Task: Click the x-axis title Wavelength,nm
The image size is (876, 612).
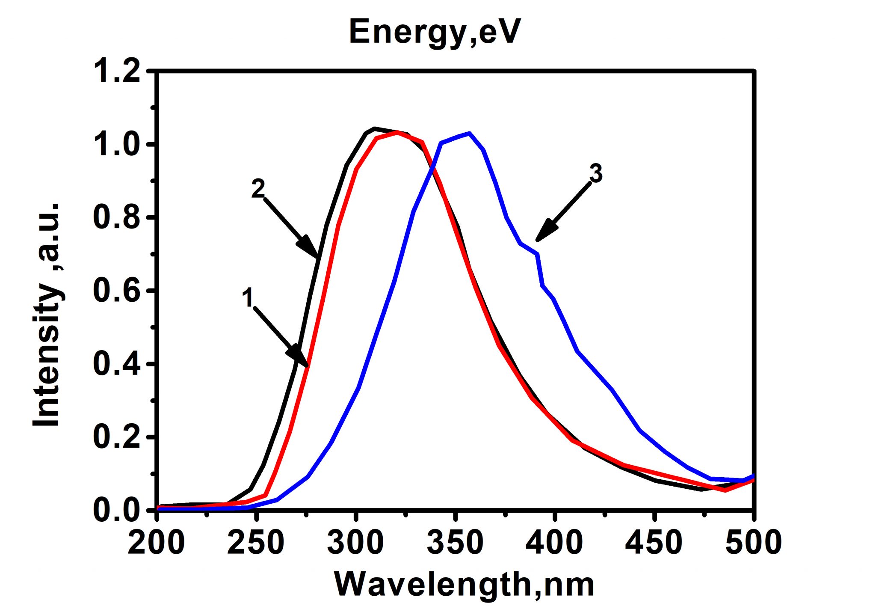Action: (464, 585)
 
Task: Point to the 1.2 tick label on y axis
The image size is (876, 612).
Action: (116, 71)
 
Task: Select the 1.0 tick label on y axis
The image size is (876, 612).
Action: (116, 145)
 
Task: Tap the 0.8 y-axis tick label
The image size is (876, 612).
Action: (116, 217)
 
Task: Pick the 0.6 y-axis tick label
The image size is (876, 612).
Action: (116, 291)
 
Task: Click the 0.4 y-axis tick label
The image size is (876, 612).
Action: (116, 364)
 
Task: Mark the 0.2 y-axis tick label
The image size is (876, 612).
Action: (116, 437)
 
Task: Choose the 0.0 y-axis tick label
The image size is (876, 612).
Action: (116, 510)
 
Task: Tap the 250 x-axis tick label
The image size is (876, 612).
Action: (256, 543)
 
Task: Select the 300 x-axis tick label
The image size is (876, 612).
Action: (355, 543)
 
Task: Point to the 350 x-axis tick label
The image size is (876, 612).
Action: (455, 543)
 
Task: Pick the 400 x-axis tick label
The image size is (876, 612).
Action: (554, 543)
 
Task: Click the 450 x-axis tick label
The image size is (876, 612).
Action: (654, 543)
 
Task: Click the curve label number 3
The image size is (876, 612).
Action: (596, 174)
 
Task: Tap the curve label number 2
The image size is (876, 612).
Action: (258, 189)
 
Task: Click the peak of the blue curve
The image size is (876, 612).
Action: (469, 133)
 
